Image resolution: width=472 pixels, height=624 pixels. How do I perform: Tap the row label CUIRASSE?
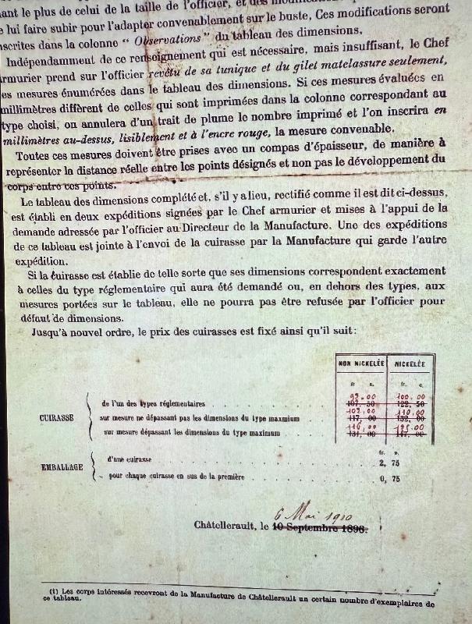click(x=56, y=417)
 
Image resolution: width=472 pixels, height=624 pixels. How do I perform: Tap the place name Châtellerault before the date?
click(x=226, y=526)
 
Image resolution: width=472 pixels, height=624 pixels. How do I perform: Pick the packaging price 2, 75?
click(x=403, y=462)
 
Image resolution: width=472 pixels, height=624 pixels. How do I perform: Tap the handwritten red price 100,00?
click(x=407, y=397)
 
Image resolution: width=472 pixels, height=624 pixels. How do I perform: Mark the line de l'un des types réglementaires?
click(x=154, y=404)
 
